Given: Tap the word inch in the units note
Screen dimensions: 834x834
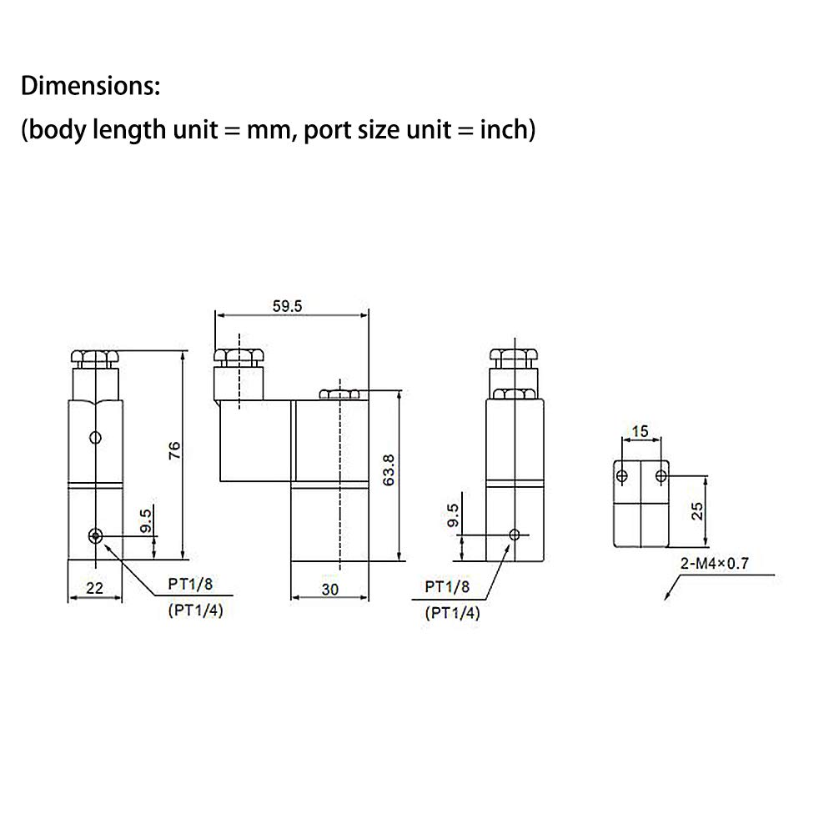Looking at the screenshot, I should click(503, 130).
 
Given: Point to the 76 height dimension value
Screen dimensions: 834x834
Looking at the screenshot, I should click(173, 450).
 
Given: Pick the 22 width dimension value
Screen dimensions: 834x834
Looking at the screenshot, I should click(94, 588).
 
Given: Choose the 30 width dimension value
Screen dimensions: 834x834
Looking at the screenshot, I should click(330, 589).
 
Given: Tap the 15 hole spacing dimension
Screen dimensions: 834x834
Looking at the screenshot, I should click(640, 430).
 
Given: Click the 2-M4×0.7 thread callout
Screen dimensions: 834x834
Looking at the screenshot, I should click(716, 564).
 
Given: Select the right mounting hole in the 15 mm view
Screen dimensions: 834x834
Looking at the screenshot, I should click(661, 476).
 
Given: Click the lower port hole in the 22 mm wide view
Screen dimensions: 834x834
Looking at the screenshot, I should click(97, 535).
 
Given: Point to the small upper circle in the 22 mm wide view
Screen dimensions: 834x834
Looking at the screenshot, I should click(97, 438).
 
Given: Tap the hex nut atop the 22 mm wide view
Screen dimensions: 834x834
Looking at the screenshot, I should click(93, 359).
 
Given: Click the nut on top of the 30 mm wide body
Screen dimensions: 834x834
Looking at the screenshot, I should click(340, 394).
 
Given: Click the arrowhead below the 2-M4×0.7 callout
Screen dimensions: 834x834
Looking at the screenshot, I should click(667, 597).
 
